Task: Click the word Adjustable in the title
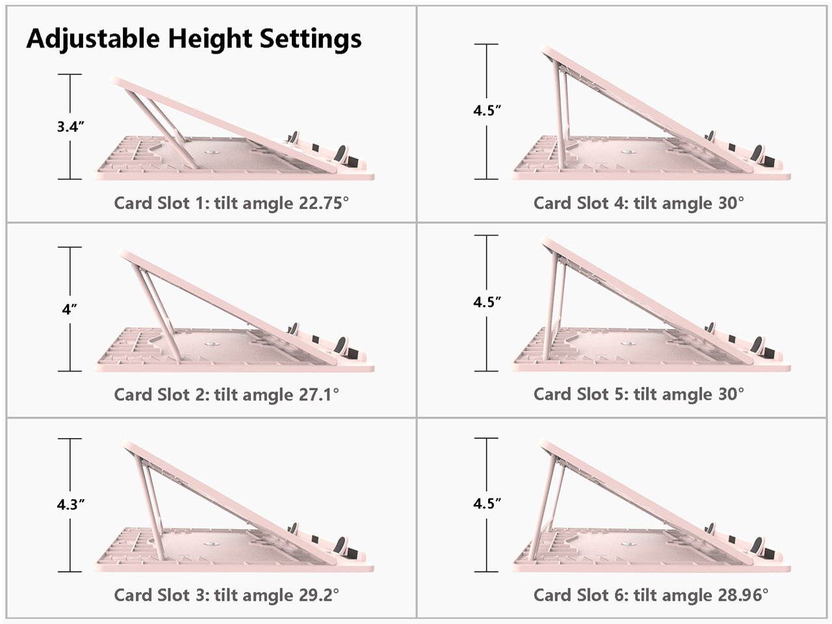pyautogui.click(x=93, y=39)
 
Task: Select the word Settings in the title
pyautogui.click(x=311, y=39)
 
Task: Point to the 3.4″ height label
pyautogui.click(x=70, y=127)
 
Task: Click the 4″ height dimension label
pyautogui.click(x=70, y=309)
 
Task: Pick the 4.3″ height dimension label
pyautogui.click(x=70, y=504)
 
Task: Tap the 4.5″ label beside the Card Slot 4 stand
pyautogui.click(x=487, y=110)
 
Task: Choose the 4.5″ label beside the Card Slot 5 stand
pyautogui.click(x=487, y=302)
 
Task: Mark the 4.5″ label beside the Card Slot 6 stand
pyautogui.click(x=487, y=504)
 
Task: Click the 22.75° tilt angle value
pyautogui.click(x=324, y=203)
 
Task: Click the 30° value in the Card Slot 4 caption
pyautogui.click(x=731, y=203)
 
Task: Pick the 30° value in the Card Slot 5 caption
pyautogui.click(x=731, y=394)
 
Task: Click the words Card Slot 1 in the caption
pyautogui.click(x=161, y=203)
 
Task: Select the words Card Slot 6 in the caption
pyautogui.click(x=580, y=595)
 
